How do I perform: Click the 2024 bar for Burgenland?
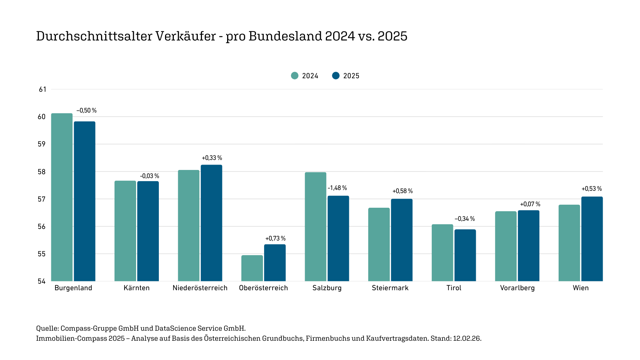tap(62, 197)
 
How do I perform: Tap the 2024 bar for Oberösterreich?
tap(252, 268)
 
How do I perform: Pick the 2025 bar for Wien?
tap(592, 239)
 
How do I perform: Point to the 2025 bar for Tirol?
tap(465, 255)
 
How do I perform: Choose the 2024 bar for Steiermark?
tap(379, 244)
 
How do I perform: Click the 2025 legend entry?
tap(346, 76)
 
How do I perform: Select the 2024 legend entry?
tap(305, 76)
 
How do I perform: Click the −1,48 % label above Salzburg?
tap(337, 188)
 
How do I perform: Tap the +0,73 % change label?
tap(275, 239)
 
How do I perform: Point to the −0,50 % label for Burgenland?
tap(86, 111)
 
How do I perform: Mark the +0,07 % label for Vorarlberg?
tap(530, 204)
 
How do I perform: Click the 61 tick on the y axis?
tap(42, 89)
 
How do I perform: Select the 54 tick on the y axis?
tap(42, 281)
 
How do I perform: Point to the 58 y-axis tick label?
tap(42, 172)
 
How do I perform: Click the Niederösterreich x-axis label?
tap(200, 288)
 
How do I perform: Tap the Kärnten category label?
tap(136, 288)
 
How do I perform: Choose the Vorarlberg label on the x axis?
tap(517, 288)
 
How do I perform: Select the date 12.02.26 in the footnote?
tap(467, 338)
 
